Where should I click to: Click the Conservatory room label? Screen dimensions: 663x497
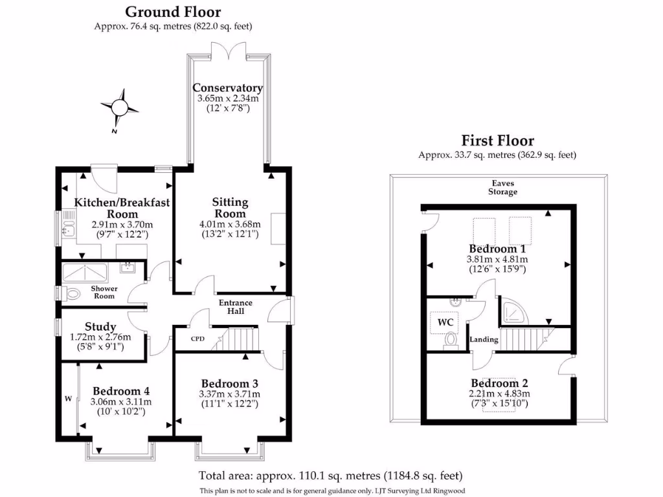click(x=227, y=88)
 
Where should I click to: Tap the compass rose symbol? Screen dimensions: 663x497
click(x=119, y=108)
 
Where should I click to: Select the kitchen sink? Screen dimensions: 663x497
click(x=68, y=225)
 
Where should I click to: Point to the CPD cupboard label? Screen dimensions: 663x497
click(x=197, y=338)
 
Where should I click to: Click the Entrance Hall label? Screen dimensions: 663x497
click(x=236, y=307)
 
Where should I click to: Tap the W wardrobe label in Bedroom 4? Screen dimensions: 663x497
click(x=68, y=398)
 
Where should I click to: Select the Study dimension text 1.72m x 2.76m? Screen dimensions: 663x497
click(x=100, y=337)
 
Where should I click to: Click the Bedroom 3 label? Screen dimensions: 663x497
click(x=230, y=384)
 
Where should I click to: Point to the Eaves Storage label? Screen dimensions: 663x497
click(x=502, y=187)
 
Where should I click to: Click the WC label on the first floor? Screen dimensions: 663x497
click(x=445, y=322)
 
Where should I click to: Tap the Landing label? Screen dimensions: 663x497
click(x=484, y=339)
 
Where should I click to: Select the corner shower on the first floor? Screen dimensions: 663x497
click(x=513, y=311)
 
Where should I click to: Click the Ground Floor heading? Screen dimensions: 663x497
click(x=173, y=12)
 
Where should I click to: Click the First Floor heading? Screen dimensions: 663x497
click(x=498, y=140)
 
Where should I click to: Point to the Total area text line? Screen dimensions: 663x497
click(x=331, y=476)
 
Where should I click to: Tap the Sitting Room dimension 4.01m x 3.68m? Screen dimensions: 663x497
click(x=230, y=225)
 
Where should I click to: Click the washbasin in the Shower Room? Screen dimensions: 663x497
click(x=128, y=267)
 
